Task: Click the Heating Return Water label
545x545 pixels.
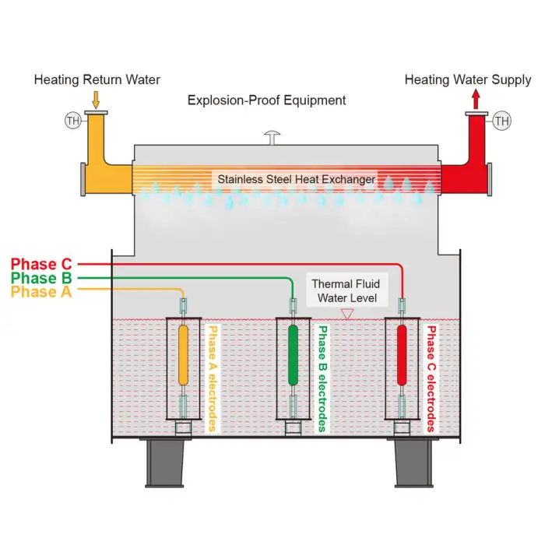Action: click(97, 79)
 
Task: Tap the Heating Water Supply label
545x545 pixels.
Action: click(468, 79)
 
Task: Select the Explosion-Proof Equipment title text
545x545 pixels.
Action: click(267, 100)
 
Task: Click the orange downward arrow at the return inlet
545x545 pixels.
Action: click(97, 99)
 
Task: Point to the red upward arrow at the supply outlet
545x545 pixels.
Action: click(476, 99)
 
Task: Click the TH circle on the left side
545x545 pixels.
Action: click(72, 121)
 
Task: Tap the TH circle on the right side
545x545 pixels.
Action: click(502, 121)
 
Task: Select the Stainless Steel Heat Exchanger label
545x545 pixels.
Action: click(296, 179)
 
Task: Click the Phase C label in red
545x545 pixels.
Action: click(44, 264)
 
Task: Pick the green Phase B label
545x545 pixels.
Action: click(44, 278)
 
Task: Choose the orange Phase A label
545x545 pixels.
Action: click(44, 292)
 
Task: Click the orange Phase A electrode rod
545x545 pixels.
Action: click(184, 355)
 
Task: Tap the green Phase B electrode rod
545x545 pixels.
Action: click(294, 355)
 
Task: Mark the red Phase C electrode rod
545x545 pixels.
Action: click(403, 355)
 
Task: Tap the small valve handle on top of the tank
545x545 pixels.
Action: click(271, 137)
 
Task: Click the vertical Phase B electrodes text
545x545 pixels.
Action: click(322, 378)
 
